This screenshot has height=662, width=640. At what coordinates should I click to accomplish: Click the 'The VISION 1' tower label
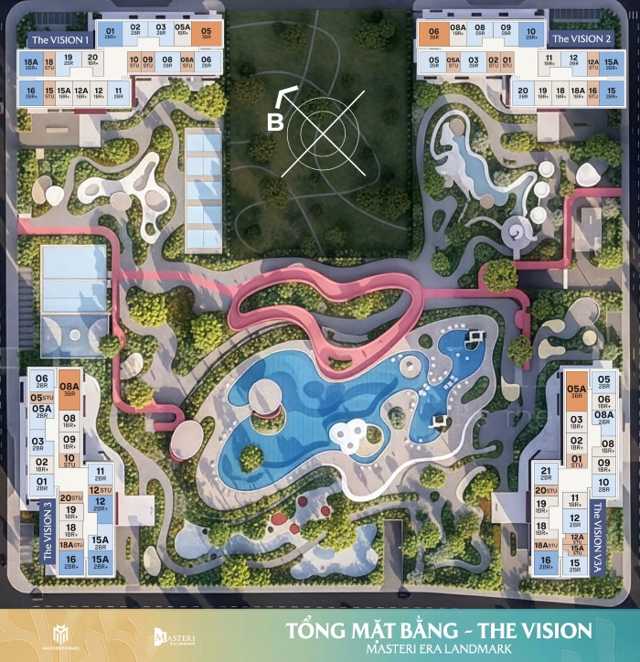coord(59,40)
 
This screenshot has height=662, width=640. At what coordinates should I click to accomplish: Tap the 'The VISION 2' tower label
coord(580,38)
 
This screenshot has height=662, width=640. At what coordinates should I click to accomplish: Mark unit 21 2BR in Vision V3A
coord(547,474)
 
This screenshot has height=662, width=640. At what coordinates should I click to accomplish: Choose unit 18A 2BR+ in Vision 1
coord(29,63)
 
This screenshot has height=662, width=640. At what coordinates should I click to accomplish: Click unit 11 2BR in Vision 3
coord(99,474)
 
